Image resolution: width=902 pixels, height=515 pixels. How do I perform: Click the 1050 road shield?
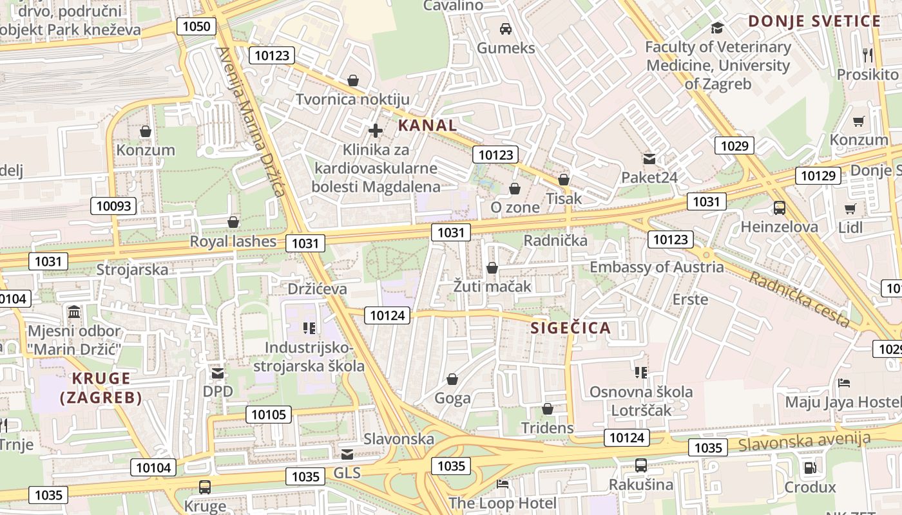point(197,26)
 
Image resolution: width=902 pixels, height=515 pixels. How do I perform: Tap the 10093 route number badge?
point(114,206)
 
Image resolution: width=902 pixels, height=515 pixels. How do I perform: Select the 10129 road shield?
point(818,176)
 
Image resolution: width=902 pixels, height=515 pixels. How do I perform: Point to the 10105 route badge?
point(269,415)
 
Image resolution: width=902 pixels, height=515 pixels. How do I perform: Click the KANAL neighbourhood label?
point(427,126)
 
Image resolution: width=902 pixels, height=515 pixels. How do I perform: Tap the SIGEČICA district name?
point(570,328)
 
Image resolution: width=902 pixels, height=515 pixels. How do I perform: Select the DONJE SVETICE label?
point(814,21)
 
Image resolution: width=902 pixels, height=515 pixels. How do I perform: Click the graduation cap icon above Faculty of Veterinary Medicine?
point(716,28)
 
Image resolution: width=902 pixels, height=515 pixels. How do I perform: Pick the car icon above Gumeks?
point(506,29)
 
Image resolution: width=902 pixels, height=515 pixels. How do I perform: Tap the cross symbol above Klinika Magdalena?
point(376,131)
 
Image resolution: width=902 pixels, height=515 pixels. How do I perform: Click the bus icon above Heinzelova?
point(780,208)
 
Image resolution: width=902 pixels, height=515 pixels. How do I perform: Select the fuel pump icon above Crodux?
point(810,468)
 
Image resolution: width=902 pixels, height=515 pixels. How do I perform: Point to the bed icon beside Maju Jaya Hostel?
point(844,383)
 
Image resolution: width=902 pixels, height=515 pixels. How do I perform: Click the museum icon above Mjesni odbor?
point(74,313)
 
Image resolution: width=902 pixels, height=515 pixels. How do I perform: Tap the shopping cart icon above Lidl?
point(850,209)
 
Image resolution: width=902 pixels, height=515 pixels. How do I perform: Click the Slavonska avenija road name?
point(804,442)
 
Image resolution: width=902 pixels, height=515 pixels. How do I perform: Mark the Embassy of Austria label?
point(657,267)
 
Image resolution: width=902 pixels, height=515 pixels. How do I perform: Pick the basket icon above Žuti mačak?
point(492,268)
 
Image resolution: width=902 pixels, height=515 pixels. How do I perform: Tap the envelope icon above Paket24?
point(649,158)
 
